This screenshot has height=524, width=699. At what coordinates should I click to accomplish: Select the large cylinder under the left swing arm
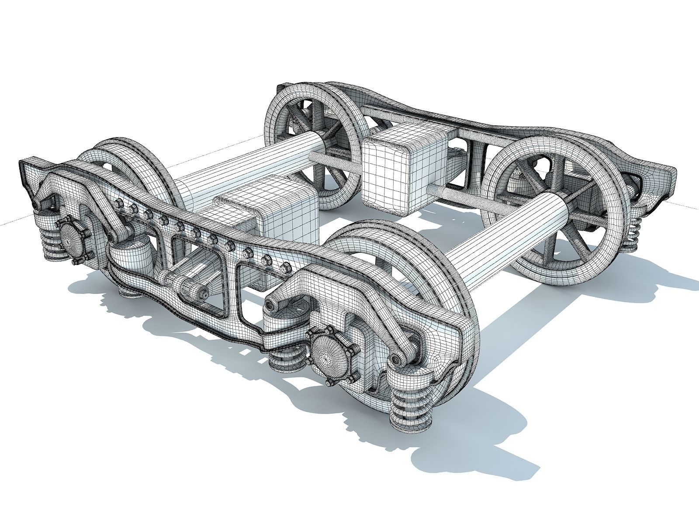pyautogui.click(x=131, y=253)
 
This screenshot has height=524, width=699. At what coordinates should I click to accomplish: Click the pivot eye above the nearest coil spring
pyautogui.click(x=397, y=359)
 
